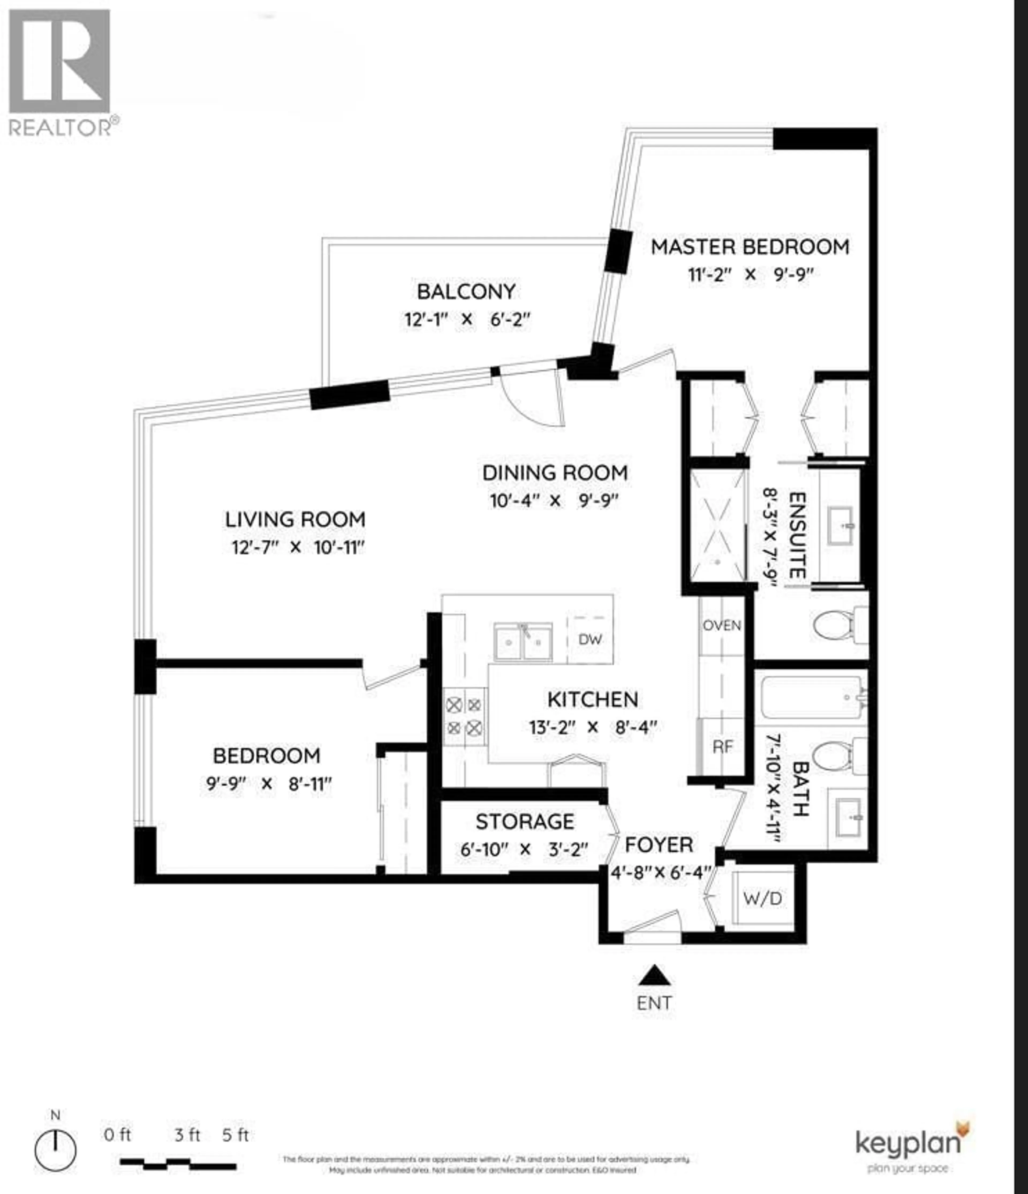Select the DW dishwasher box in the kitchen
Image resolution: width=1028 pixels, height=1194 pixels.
click(x=589, y=639)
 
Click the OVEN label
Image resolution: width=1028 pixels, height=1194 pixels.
click(x=721, y=625)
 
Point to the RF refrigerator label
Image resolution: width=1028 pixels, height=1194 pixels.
click(x=723, y=747)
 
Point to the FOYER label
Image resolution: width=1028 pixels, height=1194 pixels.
click(x=659, y=845)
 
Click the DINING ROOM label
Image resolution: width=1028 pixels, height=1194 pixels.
click(x=555, y=473)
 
